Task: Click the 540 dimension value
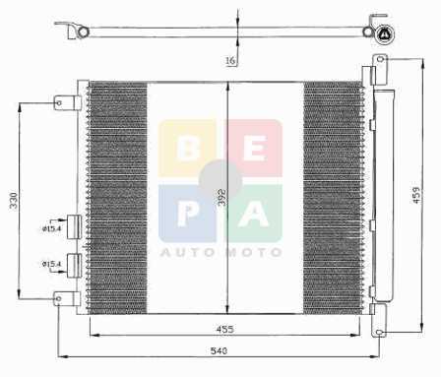219,350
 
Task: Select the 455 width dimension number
225,329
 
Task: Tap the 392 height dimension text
222,197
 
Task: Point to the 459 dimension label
416,195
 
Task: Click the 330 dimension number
14,201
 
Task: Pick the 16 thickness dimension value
230,60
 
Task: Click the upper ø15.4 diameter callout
51,228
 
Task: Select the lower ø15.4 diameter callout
51,264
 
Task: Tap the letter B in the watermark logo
188,149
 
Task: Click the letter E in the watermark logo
255,149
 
